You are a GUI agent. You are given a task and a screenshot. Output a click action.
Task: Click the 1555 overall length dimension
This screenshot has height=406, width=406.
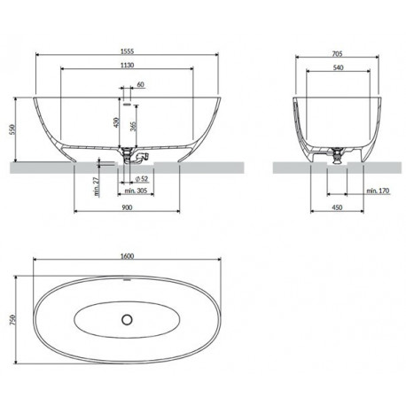point(127,51)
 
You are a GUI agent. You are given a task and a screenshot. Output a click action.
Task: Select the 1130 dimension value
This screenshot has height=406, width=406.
point(127,65)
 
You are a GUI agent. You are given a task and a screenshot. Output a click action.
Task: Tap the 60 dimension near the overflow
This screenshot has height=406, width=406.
point(141,84)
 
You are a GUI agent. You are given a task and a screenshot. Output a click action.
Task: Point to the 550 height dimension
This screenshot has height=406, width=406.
point(12,129)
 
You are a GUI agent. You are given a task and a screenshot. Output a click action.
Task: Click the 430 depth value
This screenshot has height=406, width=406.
point(116,122)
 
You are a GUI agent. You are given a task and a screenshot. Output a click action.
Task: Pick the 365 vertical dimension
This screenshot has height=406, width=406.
point(133,127)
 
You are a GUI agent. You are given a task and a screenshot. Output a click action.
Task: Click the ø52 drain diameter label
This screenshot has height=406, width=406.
point(141,178)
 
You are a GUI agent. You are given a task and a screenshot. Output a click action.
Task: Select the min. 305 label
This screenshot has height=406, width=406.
point(136,191)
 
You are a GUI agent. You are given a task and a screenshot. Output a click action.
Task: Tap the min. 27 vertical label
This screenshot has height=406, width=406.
point(97,187)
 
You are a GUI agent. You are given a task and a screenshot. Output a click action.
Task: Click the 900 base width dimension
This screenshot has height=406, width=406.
point(127,207)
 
